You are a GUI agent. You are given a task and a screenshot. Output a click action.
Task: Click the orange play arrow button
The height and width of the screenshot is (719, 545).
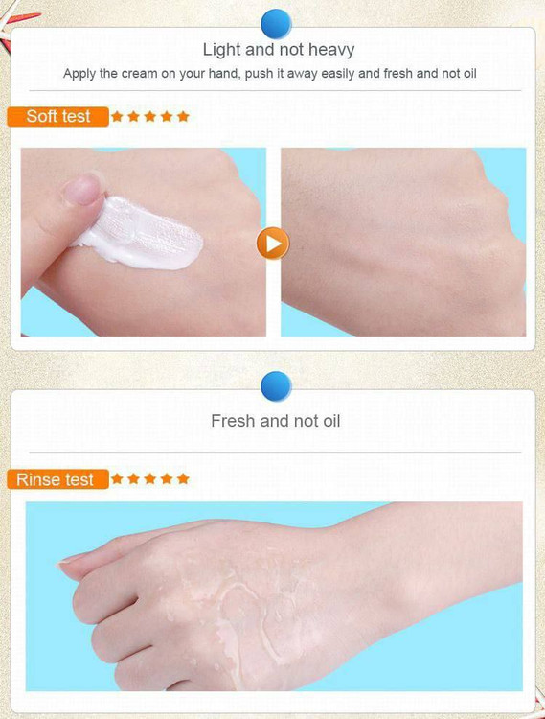click(x=273, y=244)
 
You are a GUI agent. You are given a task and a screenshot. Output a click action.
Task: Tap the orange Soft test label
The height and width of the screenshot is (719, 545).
click(x=58, y=116)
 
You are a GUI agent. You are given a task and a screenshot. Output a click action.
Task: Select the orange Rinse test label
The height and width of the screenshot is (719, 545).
click(x=58, y=479)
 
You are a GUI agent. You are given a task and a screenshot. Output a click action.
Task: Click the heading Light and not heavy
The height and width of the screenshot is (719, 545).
click(x=279, y=50)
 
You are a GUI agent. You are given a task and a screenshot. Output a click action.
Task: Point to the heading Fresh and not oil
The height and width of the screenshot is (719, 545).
click(x=276, y=421)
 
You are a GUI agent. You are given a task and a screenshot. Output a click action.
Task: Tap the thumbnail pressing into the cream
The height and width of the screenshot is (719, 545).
click(x=82, y=189)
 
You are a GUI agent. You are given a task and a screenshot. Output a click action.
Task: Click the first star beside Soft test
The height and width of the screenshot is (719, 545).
click(x=117, y=116)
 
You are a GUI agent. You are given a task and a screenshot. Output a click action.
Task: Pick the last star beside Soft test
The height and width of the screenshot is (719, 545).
click(x=183, y=116)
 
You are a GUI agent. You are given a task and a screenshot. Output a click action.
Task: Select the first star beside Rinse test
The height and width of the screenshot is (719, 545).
click(x=117, y=478)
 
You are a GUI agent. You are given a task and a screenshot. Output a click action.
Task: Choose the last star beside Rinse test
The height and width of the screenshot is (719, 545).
click(x=183, y=478)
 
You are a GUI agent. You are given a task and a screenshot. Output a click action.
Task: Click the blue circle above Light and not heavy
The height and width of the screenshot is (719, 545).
click(x=276, y=23)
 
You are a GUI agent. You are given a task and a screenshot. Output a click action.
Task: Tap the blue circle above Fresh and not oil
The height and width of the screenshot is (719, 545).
click(x=276, y=386)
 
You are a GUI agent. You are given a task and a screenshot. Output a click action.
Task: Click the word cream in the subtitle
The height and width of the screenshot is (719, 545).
click(x=139, y=74)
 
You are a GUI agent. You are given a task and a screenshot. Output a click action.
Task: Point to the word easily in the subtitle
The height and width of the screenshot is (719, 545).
click(x=338, y=74)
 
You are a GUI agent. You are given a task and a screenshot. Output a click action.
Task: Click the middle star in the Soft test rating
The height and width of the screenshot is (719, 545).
click(x=150, y=116)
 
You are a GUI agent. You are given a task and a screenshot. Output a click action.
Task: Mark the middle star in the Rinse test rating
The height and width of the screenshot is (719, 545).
click(x=150, y=478)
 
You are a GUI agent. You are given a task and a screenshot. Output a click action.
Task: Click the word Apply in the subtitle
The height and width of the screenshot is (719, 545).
click(x=79, y=74)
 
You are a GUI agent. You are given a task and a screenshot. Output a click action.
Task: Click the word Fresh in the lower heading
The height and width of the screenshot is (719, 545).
click(x=233, y=421)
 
